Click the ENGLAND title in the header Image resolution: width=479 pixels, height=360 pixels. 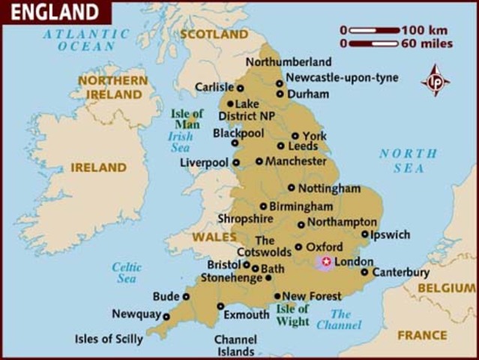coord(54,13)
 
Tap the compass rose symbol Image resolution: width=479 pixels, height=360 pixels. coord(436,79)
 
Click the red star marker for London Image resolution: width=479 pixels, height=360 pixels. coord(325,262)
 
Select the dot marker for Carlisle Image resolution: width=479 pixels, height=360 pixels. coord(240,88)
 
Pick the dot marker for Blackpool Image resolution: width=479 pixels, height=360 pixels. coord(235,142)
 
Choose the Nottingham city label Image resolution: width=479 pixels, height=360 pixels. coord(329,188)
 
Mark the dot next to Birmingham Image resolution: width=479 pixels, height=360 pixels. coord(263,206)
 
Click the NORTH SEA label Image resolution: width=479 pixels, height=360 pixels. coord(408,161)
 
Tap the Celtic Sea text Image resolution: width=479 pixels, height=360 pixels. coord(127,272)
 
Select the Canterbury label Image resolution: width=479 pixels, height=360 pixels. coord(400,272)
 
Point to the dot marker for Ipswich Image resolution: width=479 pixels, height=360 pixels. coord(365,235)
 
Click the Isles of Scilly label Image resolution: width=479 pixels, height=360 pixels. coord(109,339)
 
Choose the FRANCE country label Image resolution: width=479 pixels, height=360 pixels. coord(421,335)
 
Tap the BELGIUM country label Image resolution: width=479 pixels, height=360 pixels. coord(447,288)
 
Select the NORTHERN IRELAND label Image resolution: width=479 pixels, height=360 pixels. coord(113,87)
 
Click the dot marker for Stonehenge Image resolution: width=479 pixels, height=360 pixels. coord(268,278)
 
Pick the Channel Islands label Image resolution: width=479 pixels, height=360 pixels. coord(235,345)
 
